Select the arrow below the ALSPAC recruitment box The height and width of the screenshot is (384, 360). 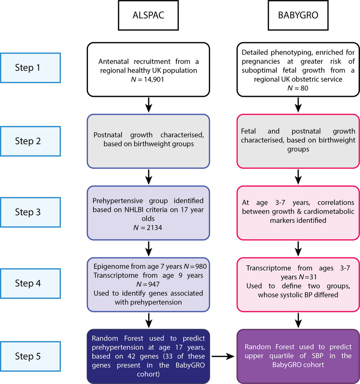149,104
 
